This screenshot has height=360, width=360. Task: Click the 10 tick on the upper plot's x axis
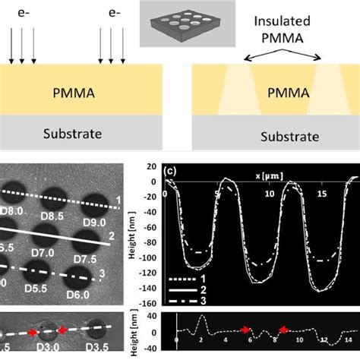[x=268, y=194]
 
